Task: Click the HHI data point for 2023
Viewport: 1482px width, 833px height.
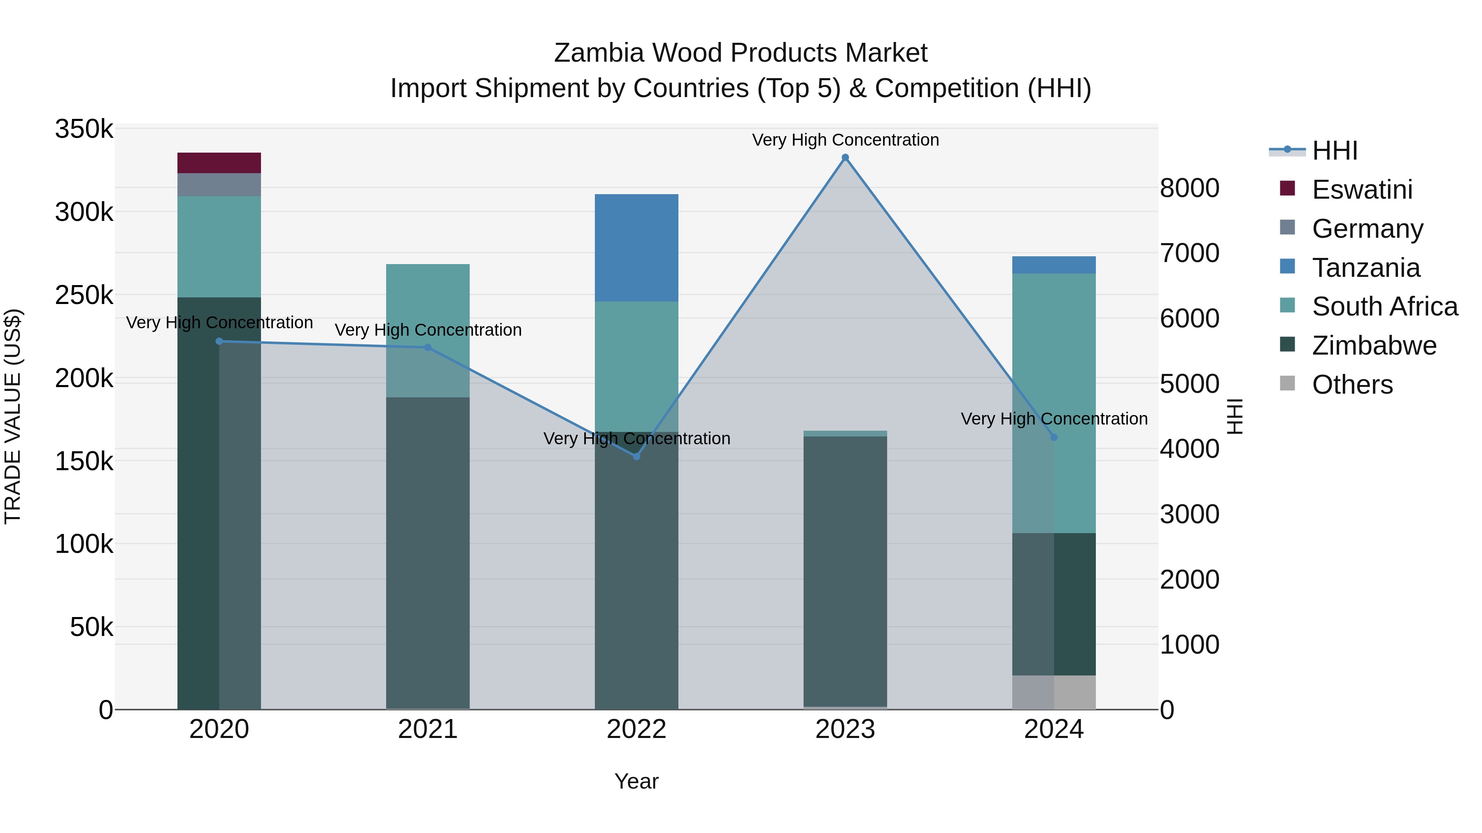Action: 845,158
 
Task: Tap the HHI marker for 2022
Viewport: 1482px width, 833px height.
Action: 636,457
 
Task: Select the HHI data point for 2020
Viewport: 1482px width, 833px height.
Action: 219,341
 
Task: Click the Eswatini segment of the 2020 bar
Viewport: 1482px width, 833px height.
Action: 219,162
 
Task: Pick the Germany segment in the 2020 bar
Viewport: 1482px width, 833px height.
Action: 219,185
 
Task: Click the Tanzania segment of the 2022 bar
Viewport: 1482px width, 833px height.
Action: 636,248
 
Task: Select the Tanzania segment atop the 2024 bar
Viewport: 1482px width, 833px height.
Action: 1054,265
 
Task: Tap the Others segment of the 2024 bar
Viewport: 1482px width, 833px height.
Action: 1054,692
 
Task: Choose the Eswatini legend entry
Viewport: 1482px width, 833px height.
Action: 1362,190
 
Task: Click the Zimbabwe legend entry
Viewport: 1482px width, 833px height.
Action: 1374,346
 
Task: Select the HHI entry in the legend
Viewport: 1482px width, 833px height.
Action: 1335,151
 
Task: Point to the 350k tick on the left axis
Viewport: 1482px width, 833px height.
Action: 84,129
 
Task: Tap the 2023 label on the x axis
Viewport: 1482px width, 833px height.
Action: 845,729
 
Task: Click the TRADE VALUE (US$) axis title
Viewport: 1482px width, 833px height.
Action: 13,416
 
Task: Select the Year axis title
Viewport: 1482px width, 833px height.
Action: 636,781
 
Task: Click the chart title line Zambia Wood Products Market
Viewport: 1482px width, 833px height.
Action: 741,53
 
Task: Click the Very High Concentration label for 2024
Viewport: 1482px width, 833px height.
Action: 1054,418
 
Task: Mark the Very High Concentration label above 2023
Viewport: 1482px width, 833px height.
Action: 845,140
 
